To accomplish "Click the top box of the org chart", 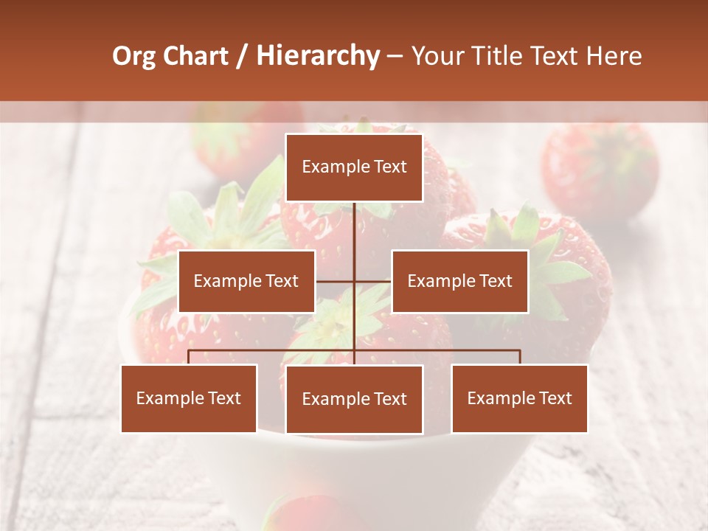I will tap(354, 167).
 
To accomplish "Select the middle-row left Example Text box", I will tap(246, 281).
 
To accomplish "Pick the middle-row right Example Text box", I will tap(459, 281).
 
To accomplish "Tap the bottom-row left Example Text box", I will tap(189, 398).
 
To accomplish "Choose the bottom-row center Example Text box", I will tap(354, 399).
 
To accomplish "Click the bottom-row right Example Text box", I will tap(519, 398).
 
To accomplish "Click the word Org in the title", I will tap(134, 56).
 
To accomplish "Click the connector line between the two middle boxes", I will tap(354, 281).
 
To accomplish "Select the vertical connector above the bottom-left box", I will tap(189, 357).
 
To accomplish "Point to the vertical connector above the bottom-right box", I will tap(520, 357).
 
